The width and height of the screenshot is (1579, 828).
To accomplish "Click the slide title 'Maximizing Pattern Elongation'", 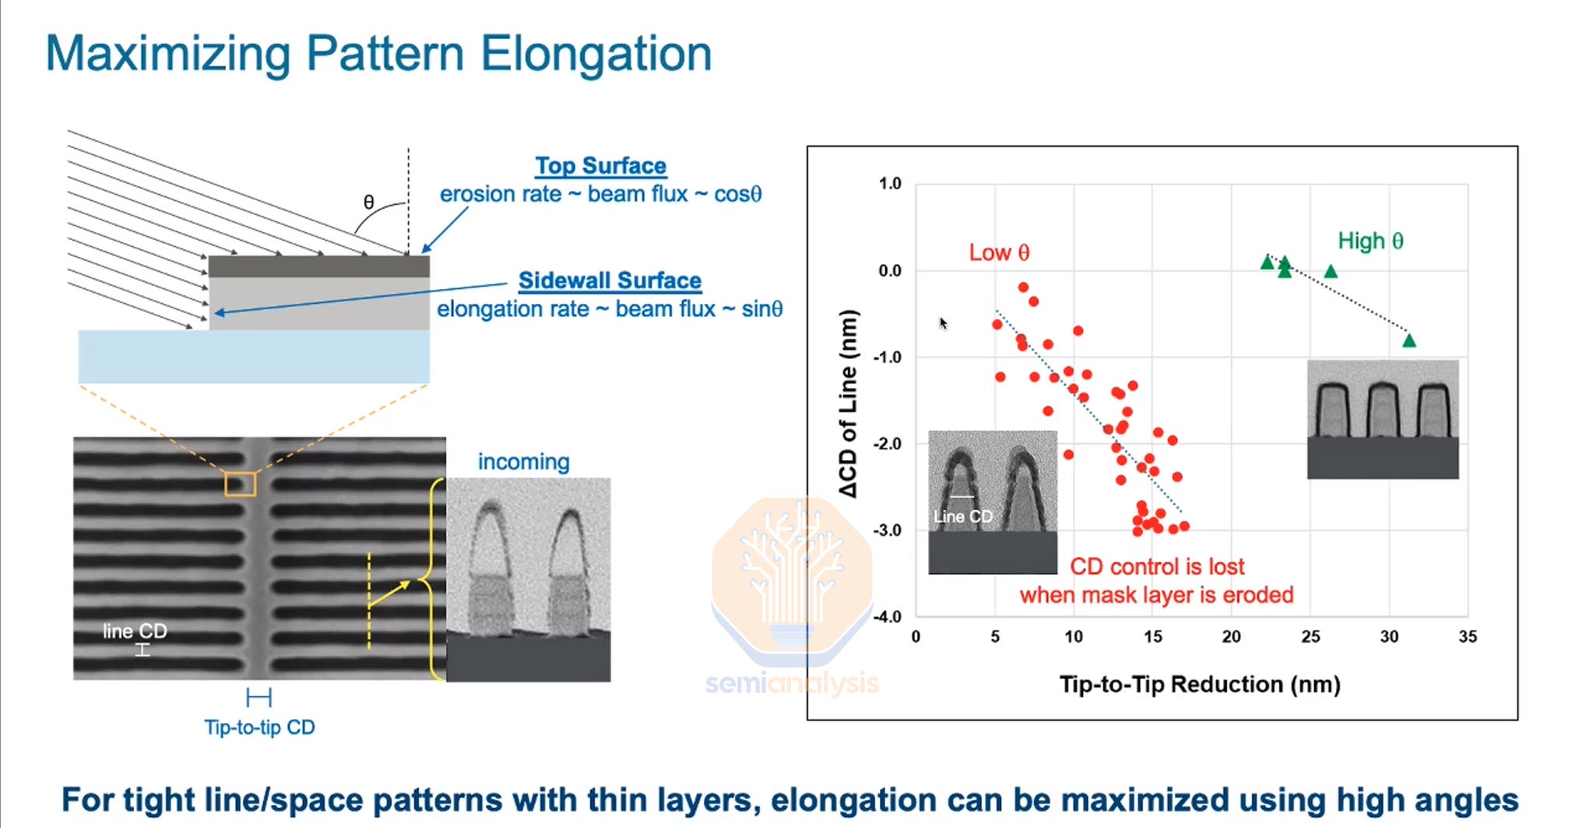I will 378,54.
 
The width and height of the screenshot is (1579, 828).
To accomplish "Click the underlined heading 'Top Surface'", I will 600,166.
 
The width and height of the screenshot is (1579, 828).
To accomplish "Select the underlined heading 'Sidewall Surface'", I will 610,280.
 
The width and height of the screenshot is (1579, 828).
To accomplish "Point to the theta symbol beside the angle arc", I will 369,203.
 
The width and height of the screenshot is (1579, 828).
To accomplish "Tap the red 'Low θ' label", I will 999,252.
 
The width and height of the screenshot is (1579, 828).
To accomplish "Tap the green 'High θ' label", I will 1370,241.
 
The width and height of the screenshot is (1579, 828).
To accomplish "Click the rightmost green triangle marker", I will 1408,340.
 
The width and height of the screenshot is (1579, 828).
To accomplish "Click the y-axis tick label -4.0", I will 887,617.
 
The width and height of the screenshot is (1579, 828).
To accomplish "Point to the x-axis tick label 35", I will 1467,636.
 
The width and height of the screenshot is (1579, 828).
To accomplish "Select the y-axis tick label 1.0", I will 889,184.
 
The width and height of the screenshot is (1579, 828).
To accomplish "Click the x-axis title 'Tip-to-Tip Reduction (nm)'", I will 1199,684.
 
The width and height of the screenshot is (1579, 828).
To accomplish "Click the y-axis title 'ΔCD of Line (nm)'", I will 848,403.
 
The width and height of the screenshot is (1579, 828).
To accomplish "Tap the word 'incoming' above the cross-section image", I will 523,462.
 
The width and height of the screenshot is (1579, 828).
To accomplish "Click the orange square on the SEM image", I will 240,484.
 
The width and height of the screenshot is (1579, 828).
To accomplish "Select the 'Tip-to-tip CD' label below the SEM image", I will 259,727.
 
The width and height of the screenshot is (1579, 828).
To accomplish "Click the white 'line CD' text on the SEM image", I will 135,631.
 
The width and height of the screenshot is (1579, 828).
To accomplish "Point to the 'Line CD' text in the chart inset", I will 962,516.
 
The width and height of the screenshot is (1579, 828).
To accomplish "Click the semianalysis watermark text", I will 792,683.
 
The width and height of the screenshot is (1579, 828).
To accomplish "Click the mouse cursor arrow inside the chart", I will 943,322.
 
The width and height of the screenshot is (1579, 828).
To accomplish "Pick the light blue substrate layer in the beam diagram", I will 254,356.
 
